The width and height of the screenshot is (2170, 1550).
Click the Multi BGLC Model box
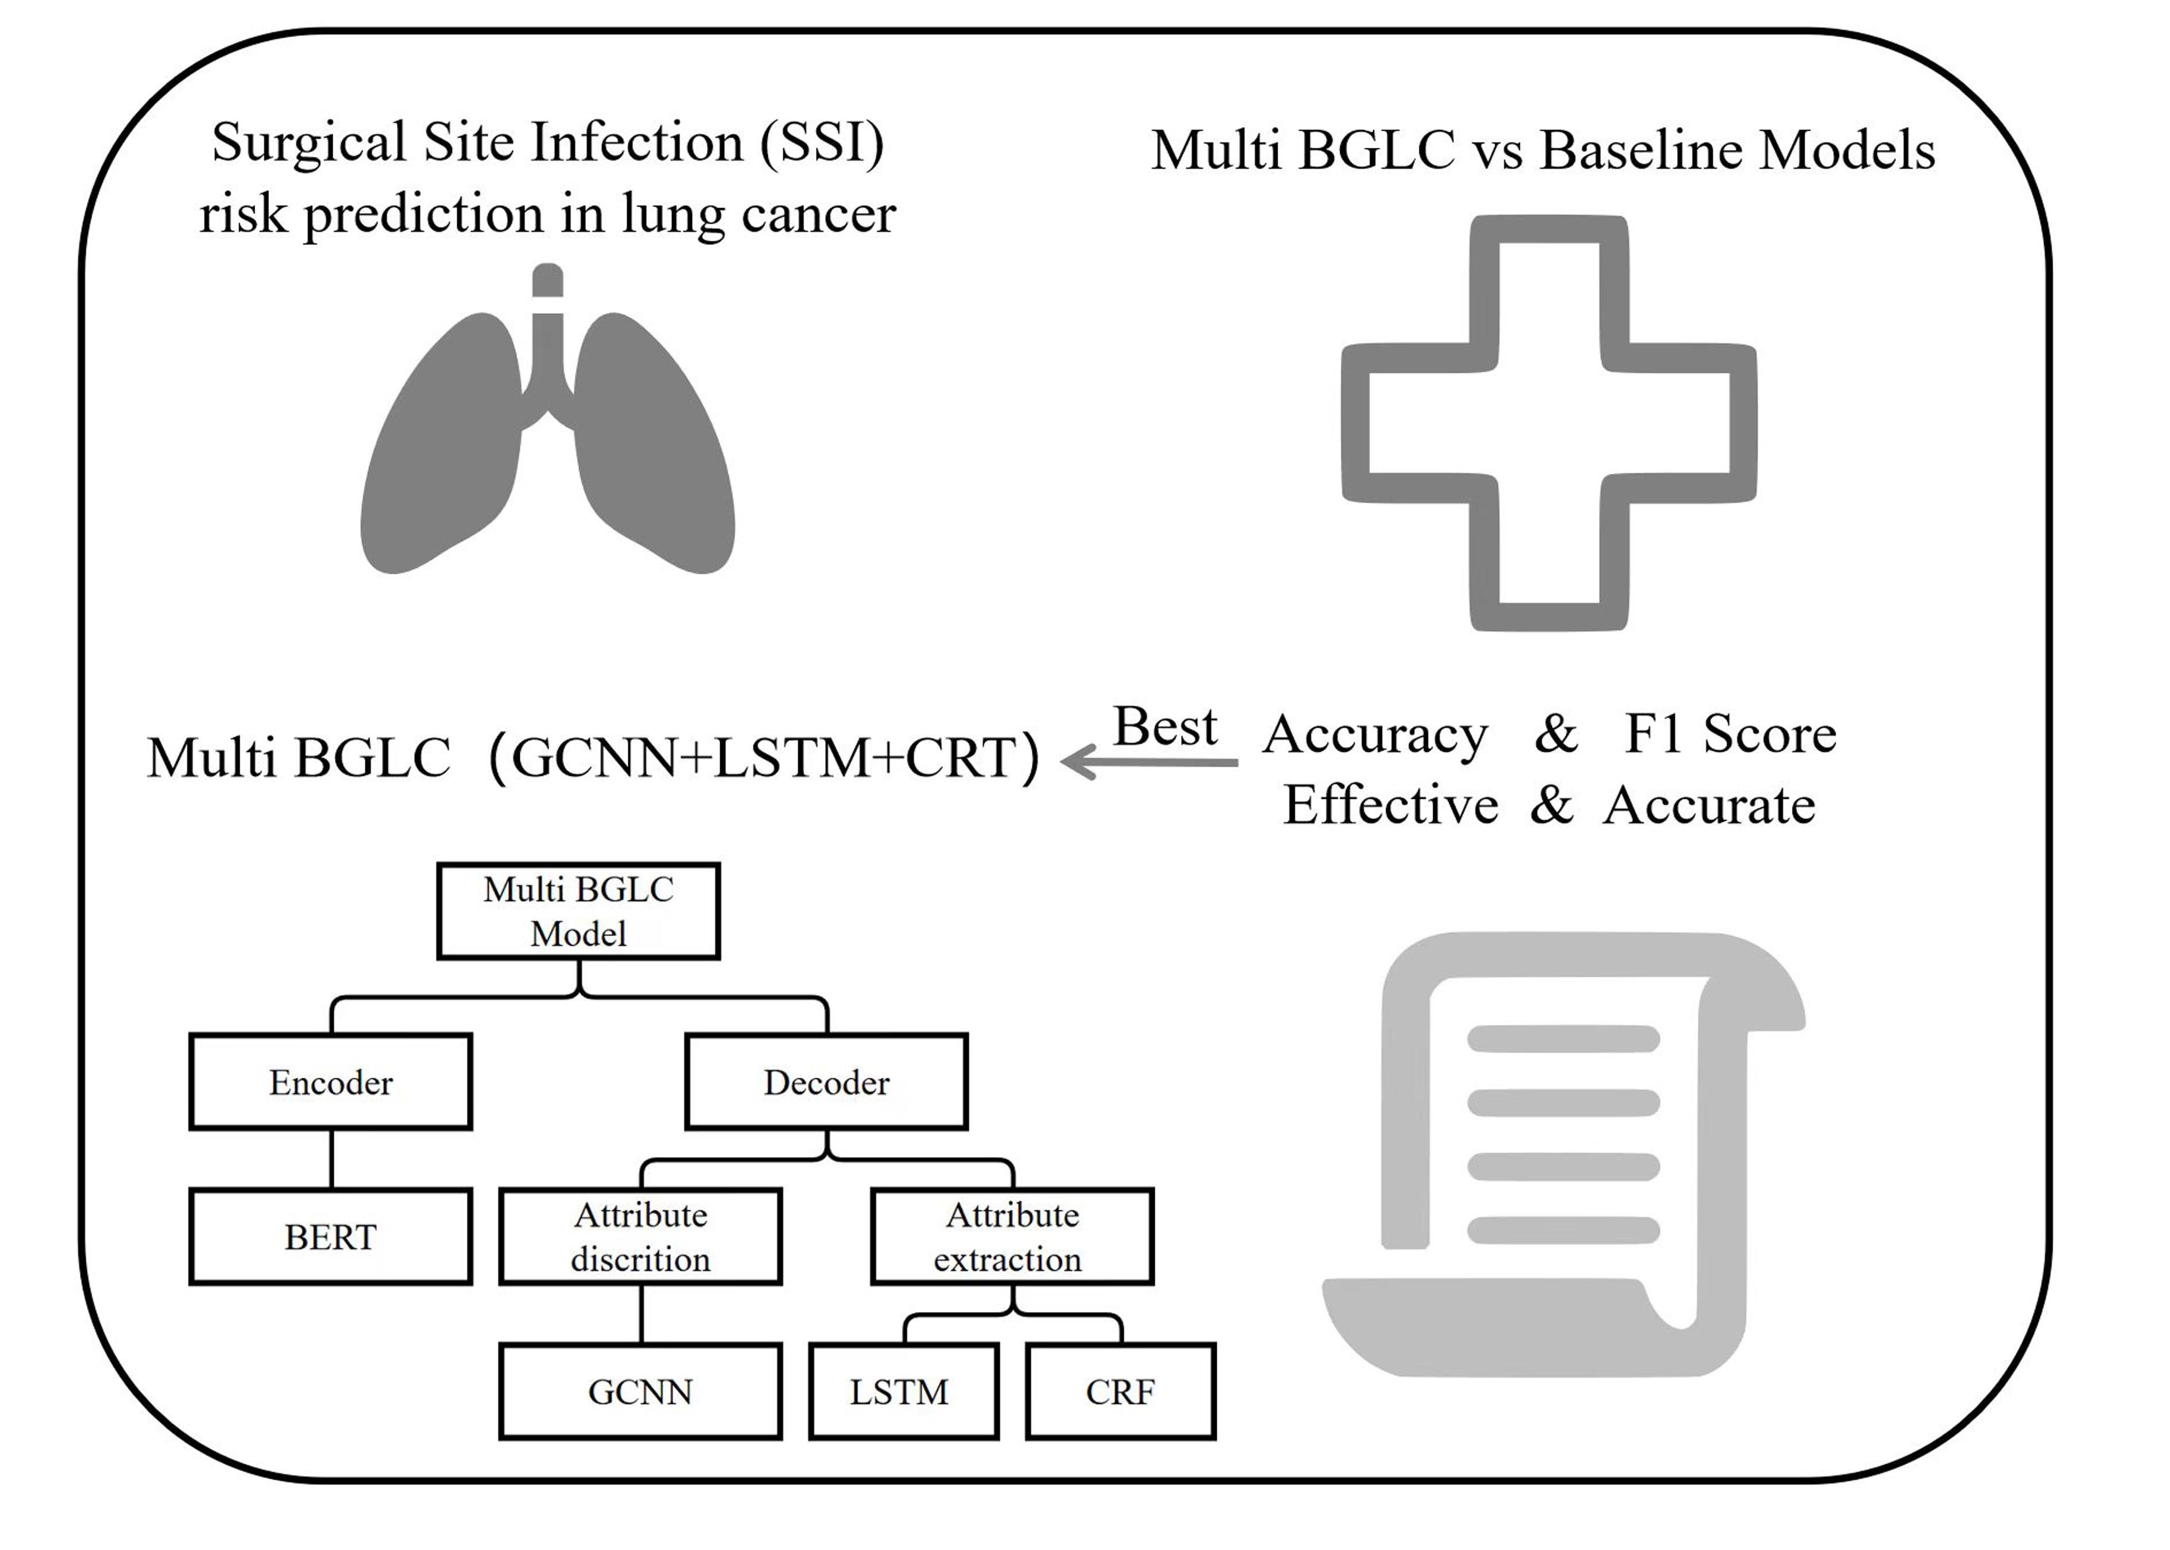578,912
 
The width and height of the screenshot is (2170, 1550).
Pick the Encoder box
330,1081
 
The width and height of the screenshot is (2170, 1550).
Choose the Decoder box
826,1081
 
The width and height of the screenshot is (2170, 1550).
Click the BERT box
330,1237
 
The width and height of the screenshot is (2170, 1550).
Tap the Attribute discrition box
640,1237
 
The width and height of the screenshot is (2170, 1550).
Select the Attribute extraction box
1012,1237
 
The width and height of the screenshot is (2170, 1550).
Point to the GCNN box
640,1391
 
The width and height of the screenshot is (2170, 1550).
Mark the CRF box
1120,1391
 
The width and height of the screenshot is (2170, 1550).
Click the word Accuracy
1375,735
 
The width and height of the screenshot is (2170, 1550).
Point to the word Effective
1390,805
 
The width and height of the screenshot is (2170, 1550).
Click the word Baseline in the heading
1641,151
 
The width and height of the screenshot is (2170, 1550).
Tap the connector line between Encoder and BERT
331,1159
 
